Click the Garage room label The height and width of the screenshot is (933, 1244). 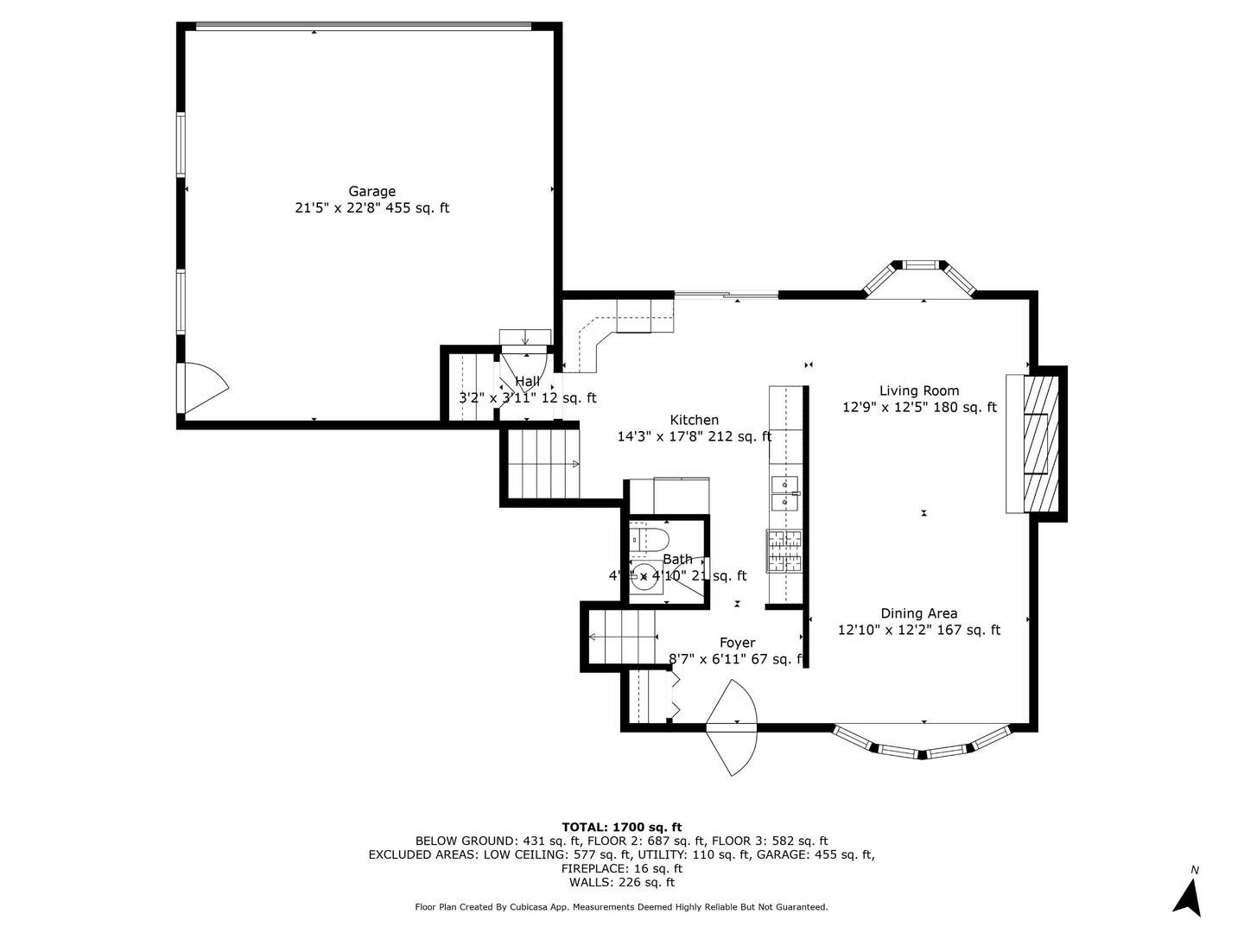tap(371, 192)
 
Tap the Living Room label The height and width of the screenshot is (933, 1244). tap(919, 390)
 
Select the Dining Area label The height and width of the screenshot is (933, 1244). tap(919, 613)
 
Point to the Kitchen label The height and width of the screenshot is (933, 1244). tap(694, 420)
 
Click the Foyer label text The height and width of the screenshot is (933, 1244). tap(737, 643)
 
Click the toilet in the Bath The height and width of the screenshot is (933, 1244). tap(649, 541)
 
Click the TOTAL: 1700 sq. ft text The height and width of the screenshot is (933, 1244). tap(621, 827)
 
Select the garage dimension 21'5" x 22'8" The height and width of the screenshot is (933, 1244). tap(371, 208)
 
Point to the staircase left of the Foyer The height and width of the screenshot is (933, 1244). tap(620, 637)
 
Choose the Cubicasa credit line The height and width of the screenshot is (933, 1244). tap(621, 907)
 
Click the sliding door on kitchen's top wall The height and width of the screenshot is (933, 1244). tap(727, 295)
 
